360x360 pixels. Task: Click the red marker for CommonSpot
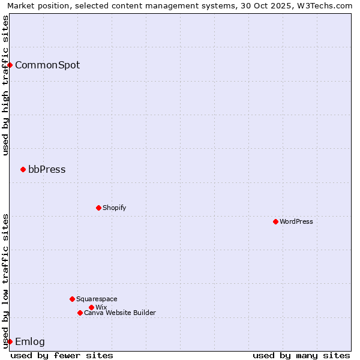click(x=10, y=65)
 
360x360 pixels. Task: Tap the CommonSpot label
click(x=47, y=65)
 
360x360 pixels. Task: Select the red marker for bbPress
click(x=23, y=169)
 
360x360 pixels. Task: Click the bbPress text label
click(x=47, y=170)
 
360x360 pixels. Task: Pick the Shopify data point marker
click(x=98, y=208)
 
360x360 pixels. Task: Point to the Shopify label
click(x=114, y=208)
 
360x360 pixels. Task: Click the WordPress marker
click(x=275, y=221)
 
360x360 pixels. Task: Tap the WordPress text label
click(x=296, y=222)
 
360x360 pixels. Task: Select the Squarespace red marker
click(x=72, y=299)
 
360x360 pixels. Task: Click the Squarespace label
click(x=97, y=299)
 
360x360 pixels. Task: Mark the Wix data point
click(x=91, y=307)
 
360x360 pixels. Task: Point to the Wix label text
click(x=101, y=308)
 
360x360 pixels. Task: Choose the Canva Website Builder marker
click(x=80, y=313)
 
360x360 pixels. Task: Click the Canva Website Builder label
click(x=120, y=313)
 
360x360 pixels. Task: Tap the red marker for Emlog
click(x=10, y=341)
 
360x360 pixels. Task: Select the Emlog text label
click(x=30, y=342)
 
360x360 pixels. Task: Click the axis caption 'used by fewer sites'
click(x=62, y=355)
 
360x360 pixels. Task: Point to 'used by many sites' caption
click(x=301, y=355)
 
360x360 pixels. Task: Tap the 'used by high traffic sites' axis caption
click(x=5, y=85)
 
